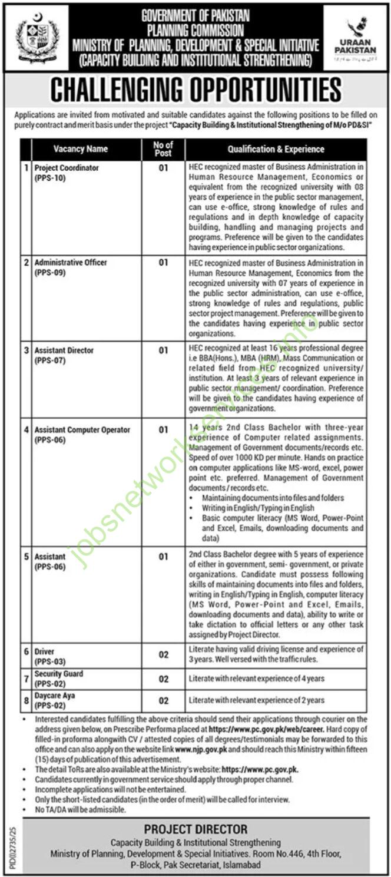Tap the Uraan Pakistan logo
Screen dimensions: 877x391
[355, 36]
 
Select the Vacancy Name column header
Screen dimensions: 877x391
[80, 149]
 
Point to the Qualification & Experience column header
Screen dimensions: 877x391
[276, 149]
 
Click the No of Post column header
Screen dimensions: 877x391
[163, 149]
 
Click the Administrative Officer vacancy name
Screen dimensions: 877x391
[71, 262]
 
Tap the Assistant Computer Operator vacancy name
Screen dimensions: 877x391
[82, 430]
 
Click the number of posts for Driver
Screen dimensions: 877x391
[164, 655]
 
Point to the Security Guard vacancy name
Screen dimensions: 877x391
[59, 674]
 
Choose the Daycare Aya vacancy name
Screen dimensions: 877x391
[55, 696]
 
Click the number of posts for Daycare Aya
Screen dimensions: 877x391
[164, 700]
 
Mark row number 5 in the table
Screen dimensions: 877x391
[26, 556]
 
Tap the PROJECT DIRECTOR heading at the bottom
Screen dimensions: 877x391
[204, 830]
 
